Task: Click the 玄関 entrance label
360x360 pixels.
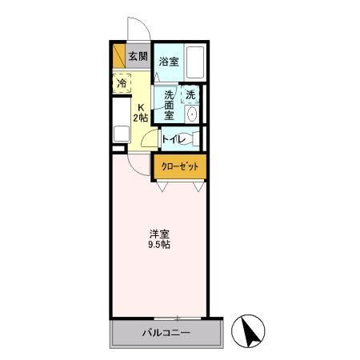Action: (x=138, y=56)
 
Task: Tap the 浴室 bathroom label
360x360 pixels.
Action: (x=168, y=62)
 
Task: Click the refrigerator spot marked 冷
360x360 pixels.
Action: (x=122, y=82)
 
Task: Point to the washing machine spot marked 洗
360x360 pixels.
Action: (x=190, y=95)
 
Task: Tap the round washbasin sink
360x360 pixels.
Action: (x=191, y=114)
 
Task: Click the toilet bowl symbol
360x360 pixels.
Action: (x=193, y=139)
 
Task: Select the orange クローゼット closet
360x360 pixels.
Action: (x=180, y=167)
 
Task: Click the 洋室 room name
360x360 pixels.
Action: (x=158, y=234)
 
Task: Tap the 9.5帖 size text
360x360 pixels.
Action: (x=158, y=245)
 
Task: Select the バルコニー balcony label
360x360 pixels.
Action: (x=166, y=331)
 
